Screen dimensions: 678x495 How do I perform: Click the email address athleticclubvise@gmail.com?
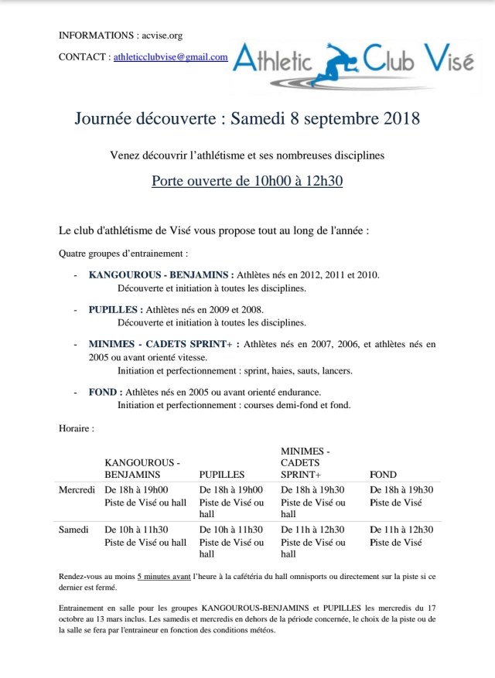pyautogui.click(x=171, y=56)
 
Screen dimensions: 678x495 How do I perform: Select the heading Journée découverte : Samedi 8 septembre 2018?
pyautogui.click(x=247, y=119)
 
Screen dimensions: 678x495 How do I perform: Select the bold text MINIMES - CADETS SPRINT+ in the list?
pyautogui.click(x=164, y=344)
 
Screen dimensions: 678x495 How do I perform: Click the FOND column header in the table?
pyautogui.click(x=383, y=474)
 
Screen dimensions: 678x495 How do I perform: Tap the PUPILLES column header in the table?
pyautogui.click(x=222, y=474)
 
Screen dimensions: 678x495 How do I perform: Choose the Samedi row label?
pyautogui.click(x=74, y=530)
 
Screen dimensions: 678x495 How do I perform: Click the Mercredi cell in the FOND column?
pyautogui.click(x=401, y=496)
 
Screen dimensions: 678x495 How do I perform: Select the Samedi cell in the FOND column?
pyautogui.click(x=401, y=536)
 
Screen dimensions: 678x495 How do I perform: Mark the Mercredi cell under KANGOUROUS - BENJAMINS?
pyautogui.click(x=145, y=496)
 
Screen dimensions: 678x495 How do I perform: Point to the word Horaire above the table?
pyautogui.click(x=77, y=427)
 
